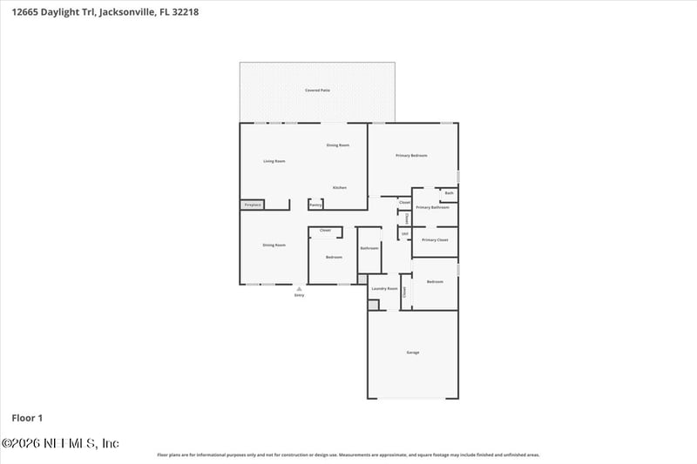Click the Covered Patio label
[317, 90]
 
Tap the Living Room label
[274, 161]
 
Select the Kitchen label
[339, 188]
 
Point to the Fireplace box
[253, 205]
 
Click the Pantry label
[315, 205]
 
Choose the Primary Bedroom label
[411, 155]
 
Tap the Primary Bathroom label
[432, 207]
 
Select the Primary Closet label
[435, 239]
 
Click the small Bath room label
[449, 192]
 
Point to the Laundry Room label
[384, 288]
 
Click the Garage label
[413, 353]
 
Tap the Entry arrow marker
[299, 288]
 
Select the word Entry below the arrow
[299, 295]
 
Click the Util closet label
[404, 233]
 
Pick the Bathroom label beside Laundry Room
[369, 248]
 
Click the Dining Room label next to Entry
[274, 245]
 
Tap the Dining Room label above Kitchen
[338, 145]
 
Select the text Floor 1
[27, 418]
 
